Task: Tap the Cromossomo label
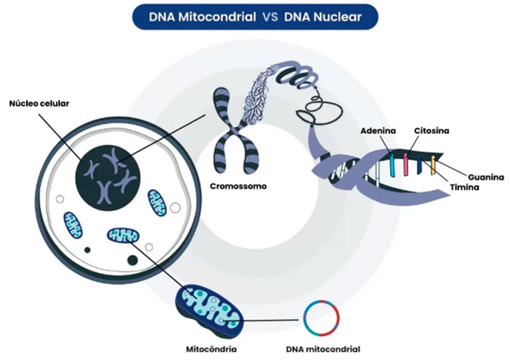[238, 186]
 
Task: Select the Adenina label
[378, 130]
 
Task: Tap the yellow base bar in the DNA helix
[432, 168]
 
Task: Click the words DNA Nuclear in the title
[322, 15]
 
